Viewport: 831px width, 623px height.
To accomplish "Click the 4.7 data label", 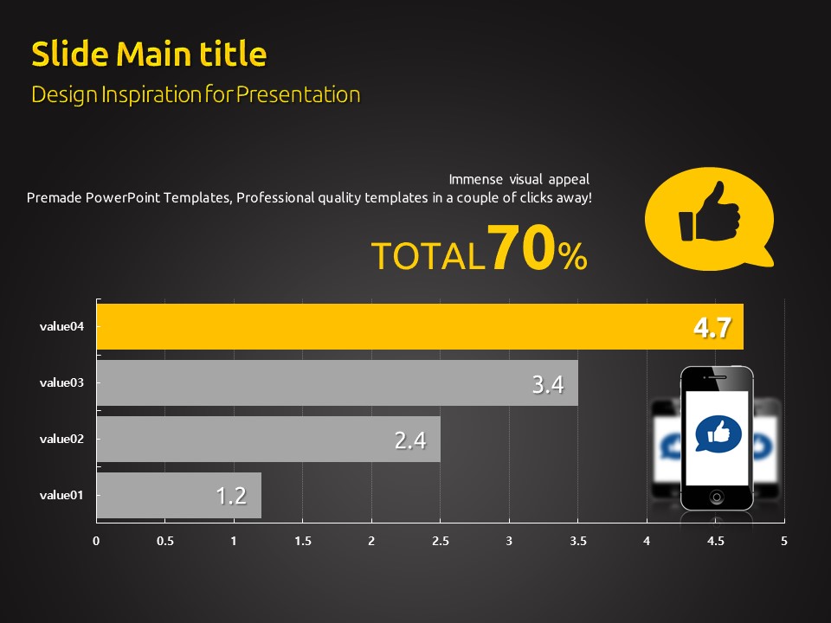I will point(712,328).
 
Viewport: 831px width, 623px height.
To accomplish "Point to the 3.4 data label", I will point(548,384).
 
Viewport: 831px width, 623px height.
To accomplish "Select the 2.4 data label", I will point(410,440).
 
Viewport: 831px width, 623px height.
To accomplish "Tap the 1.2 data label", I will point(231,496).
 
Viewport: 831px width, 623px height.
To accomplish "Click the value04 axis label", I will point(61,326).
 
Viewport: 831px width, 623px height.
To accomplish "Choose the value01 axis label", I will point(61,495).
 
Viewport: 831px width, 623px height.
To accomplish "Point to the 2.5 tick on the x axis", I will point(440,541).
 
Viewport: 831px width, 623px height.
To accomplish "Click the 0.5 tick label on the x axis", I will point(164,541).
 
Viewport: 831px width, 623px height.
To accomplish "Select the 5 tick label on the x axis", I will point(784,541).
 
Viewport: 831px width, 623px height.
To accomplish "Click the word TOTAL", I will point(427,256).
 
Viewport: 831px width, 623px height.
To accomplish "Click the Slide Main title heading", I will point(149,54).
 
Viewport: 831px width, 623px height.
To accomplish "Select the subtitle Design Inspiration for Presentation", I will point(196,94).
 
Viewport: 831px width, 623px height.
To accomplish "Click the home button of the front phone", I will point(717,497).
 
